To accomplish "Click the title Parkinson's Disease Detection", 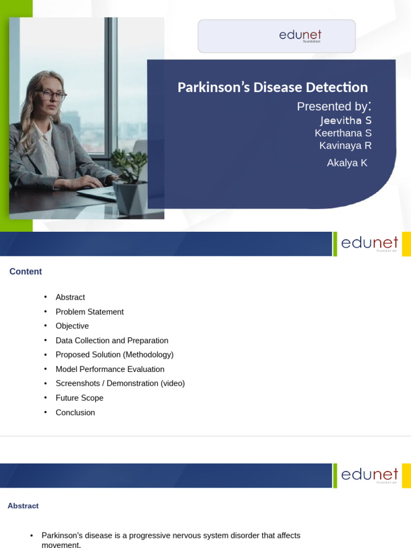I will pos(272,87).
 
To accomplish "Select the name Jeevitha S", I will pos(346,120).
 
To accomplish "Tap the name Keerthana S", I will pos(343,133).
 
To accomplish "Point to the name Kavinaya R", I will pos(345,145).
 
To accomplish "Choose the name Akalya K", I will pos(347,163).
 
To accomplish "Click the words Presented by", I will pos(333,106).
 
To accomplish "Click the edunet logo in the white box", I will pos(300,36).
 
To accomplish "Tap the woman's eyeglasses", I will pos(54,96).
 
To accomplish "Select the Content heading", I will pos(26,271).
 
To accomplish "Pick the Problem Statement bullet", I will pos(89,311).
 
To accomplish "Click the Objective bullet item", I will pos(72,326).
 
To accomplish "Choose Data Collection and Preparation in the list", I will pos(112,340).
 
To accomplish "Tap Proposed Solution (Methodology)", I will pos(115,354).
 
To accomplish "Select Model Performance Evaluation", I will pos(110,369).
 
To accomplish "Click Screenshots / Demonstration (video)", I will pos(120,383).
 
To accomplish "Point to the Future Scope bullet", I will pos(79,398).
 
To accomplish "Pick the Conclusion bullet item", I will pos(75,413).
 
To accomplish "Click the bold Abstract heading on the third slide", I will pos(23,506).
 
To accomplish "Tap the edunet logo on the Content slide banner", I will pos(369,243).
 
